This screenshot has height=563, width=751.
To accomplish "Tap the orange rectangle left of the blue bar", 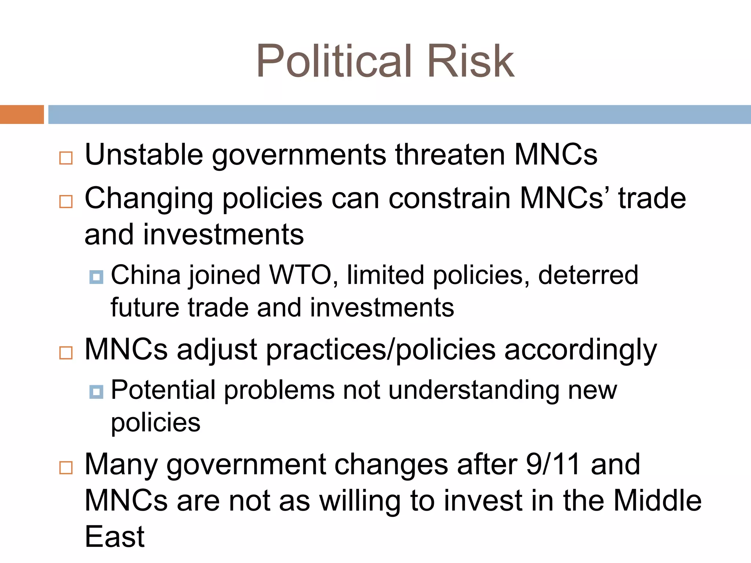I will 22,114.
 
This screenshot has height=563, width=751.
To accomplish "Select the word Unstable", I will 144,155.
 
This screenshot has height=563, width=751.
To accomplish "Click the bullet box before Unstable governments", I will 66,158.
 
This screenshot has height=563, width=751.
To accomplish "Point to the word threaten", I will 450,155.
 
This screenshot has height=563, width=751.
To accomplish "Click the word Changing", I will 149,199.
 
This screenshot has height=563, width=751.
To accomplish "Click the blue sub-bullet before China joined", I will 96,277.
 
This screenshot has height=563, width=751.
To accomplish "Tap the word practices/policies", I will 381,350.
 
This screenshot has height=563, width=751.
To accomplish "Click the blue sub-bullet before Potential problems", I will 96,392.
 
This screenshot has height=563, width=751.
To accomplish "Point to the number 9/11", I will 553,464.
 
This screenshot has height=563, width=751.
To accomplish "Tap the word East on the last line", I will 114,537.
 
